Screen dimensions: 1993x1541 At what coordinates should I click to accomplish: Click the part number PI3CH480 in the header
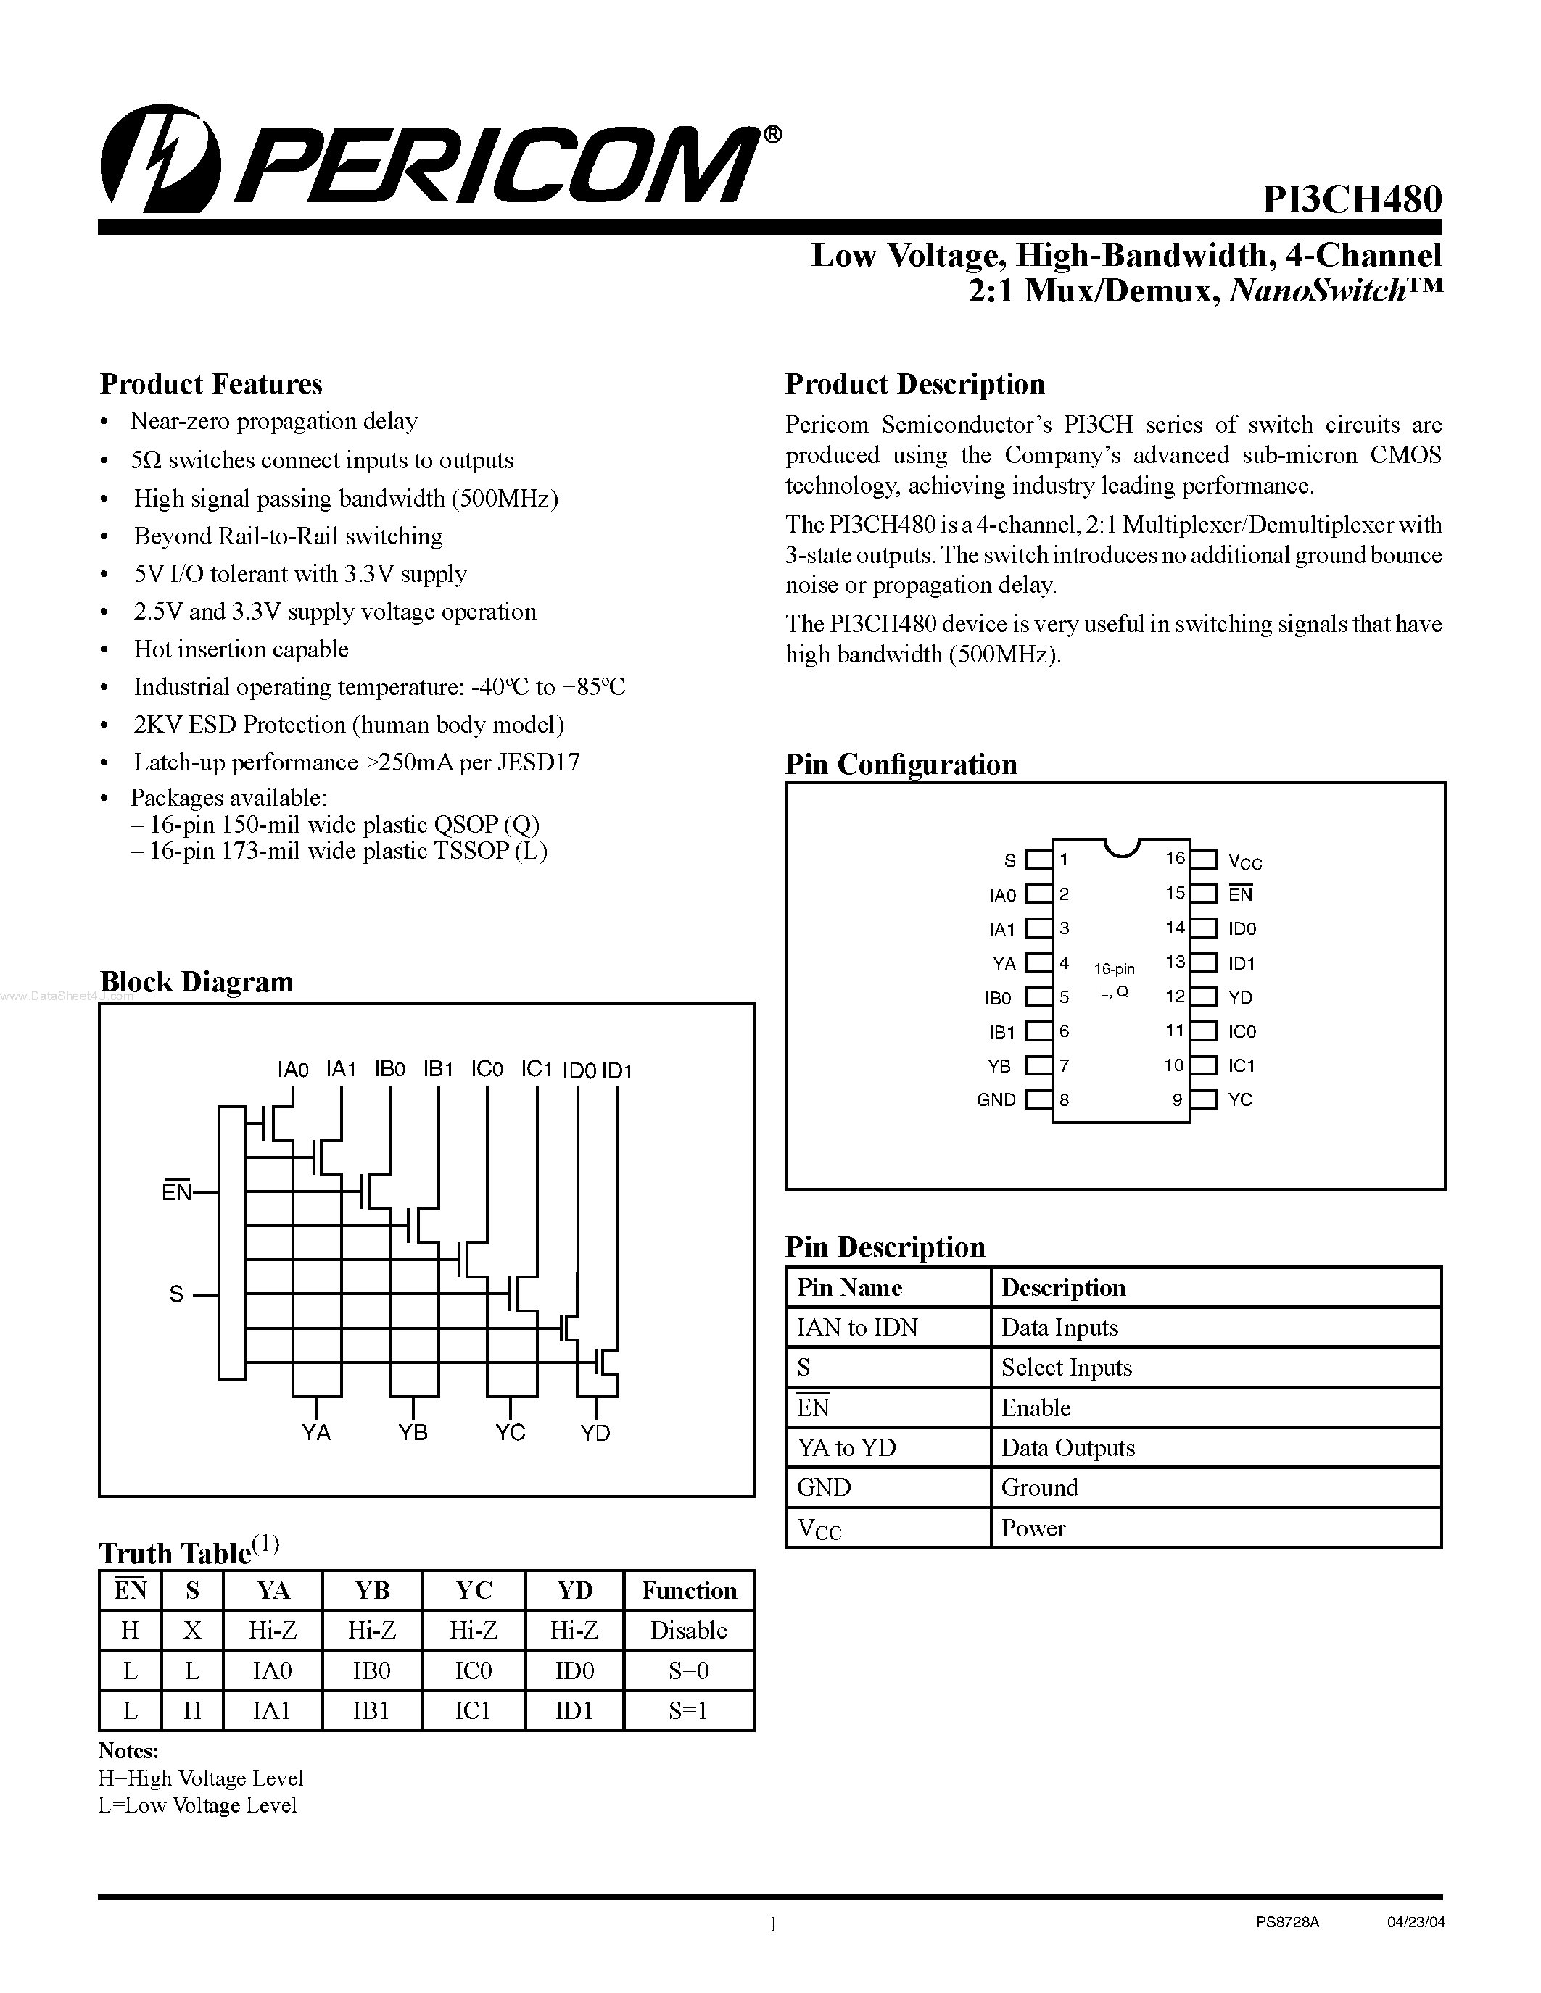(1351, 199)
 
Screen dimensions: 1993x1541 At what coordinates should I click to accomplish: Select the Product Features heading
(211, 384)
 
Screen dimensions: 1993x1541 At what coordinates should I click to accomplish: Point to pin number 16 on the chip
(1175, 858)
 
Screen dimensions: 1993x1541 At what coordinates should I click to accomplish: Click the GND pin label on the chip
(996, 1099)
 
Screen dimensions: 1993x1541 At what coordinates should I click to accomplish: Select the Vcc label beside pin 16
(1244, 860)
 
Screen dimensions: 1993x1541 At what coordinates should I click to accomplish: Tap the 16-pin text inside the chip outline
(1115, 969)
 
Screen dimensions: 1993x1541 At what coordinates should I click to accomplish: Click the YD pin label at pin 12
(1240, 997)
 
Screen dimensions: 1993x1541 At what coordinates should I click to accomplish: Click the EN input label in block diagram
(176, 1191)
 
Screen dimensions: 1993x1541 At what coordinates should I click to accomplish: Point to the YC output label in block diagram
(511, 1433)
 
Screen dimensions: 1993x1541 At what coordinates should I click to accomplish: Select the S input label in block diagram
(176, 1294)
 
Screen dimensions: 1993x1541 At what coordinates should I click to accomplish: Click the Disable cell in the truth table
(688, 1630)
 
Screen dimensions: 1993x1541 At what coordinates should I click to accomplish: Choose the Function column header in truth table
(688, 1591)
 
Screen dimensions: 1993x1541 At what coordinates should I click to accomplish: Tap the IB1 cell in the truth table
(371, 1710)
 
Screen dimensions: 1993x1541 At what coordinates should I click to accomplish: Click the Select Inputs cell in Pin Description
(1066, 1367)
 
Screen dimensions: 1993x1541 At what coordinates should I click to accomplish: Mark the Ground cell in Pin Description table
(1039, 1487)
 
